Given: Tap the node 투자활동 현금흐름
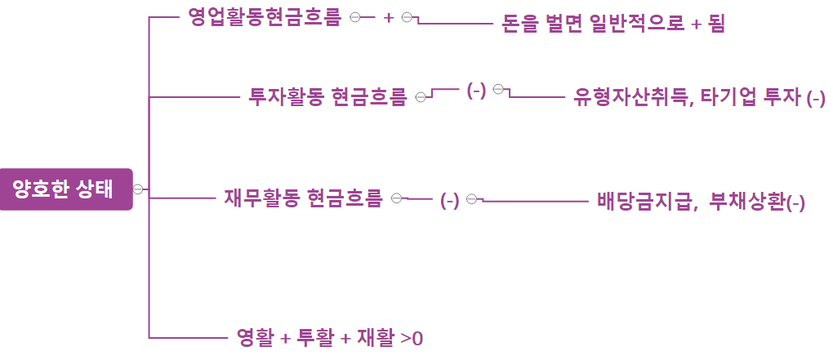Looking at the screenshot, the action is tap(327, 97).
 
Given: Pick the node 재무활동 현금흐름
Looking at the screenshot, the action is tap(303, 198).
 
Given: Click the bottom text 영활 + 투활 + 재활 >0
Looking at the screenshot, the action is tap(329, 336).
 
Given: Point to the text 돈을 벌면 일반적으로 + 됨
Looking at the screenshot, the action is tap(612, 24).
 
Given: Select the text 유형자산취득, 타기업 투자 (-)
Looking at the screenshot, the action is tap(699, 98).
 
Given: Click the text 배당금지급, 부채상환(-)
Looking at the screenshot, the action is tap(701, 201).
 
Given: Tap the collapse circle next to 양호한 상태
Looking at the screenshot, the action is tap(138, 189).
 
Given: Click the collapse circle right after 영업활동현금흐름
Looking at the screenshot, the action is tap(354, 17).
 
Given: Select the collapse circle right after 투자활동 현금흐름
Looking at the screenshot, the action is tap(420, 97).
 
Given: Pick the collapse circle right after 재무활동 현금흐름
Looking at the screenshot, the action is tap(396, 198).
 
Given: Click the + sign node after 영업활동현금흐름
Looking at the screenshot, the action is tap(388, 18).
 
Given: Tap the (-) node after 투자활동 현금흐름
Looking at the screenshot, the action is tap(476, 91).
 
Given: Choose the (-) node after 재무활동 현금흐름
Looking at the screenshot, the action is tap(449, 201).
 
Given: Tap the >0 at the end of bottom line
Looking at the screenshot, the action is tap(412, 337).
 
